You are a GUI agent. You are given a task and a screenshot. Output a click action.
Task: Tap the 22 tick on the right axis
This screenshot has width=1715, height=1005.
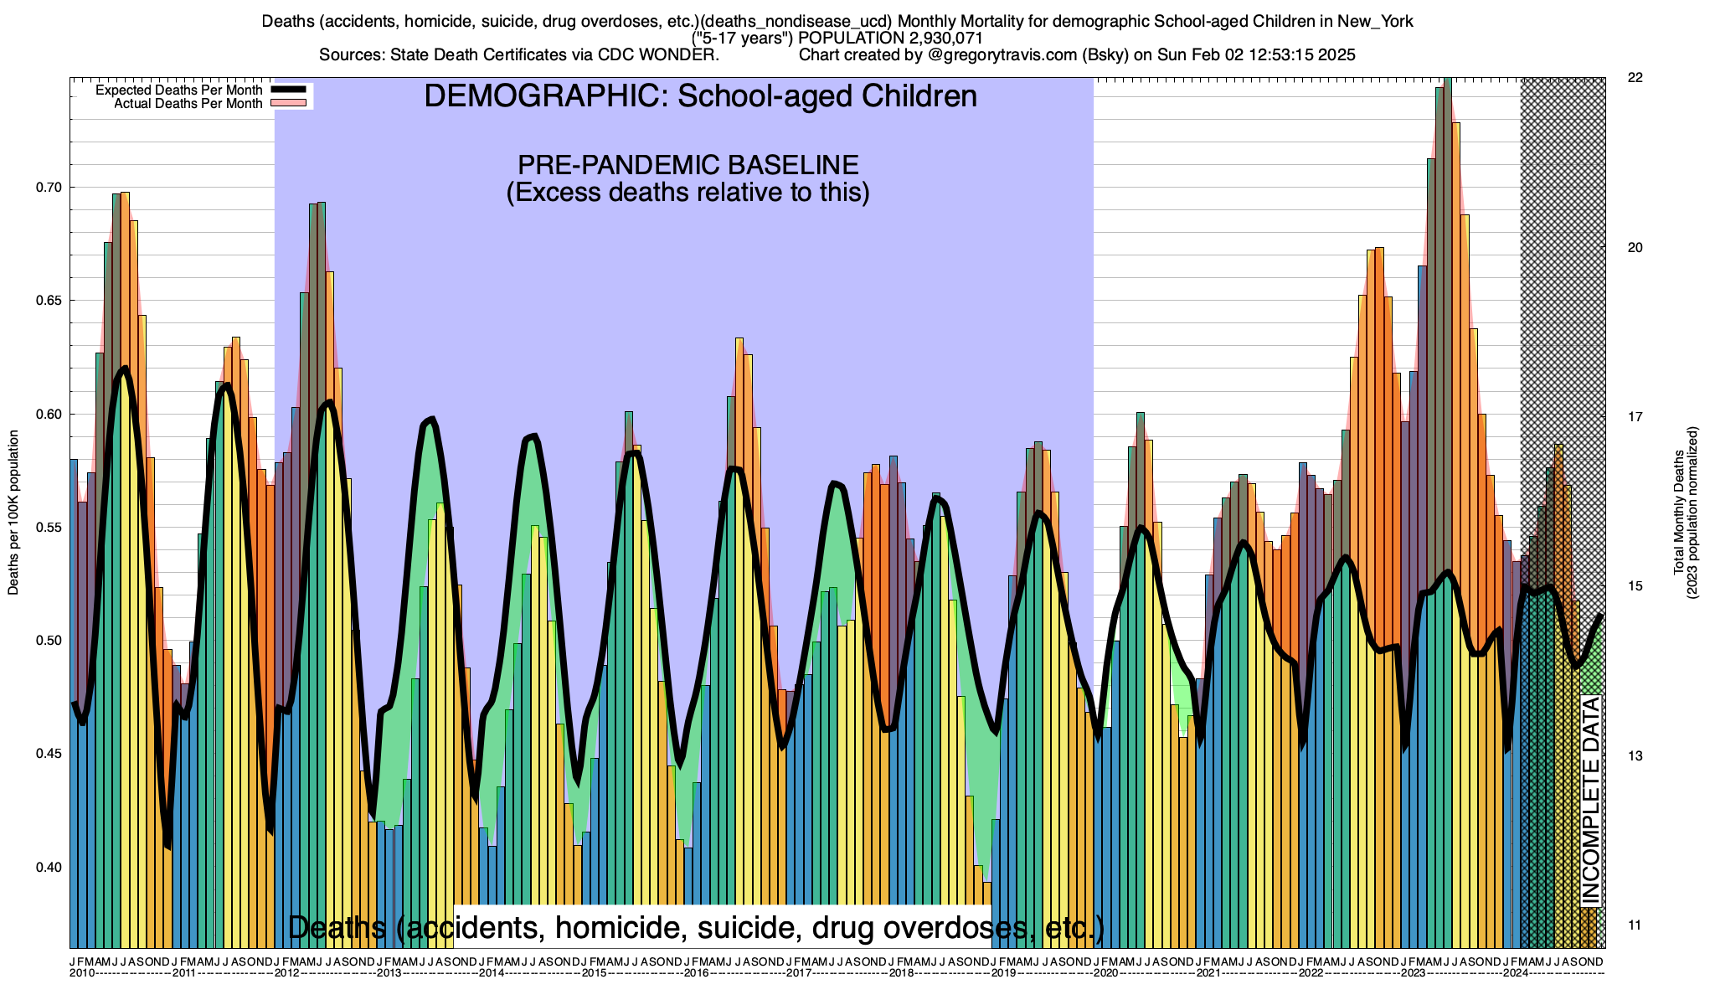1634,78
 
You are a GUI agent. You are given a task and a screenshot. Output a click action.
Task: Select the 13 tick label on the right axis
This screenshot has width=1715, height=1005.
1634,755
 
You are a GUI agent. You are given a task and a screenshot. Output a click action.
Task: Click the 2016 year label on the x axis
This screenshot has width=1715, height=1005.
697,973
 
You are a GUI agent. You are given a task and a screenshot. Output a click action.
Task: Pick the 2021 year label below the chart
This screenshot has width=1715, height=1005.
1208,973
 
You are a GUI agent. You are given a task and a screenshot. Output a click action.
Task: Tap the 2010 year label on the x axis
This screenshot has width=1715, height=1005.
82,973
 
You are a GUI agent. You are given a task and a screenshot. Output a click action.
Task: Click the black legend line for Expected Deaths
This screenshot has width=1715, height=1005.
290,90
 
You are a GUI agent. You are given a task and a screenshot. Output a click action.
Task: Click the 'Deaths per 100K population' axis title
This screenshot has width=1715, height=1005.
13,513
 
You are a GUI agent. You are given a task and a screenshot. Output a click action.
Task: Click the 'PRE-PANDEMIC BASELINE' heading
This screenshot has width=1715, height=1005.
688,164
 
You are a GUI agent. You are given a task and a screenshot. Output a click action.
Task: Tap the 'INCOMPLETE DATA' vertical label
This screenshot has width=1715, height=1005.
1591,800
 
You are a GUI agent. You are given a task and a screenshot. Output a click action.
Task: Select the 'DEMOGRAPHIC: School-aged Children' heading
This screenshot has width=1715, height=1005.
700,96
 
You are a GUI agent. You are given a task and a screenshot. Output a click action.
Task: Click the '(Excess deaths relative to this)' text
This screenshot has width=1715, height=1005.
688,193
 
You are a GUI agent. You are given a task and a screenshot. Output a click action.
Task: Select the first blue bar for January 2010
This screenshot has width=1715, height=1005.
74,703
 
